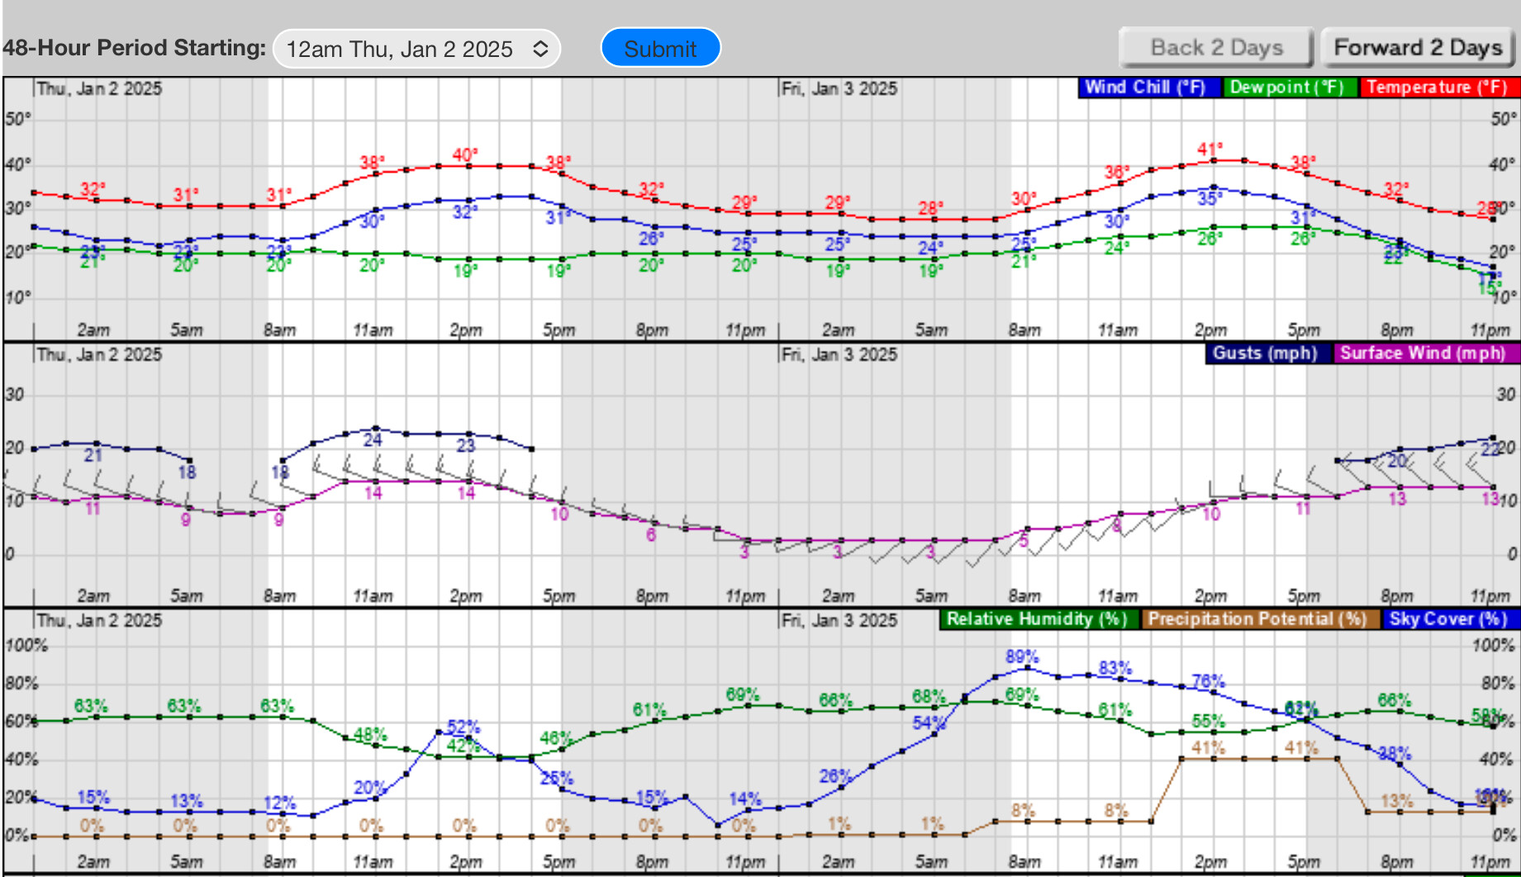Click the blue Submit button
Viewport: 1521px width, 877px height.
coord(660,49)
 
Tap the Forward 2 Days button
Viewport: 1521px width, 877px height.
coord(1417,48)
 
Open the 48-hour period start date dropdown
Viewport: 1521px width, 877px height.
coord(416,49)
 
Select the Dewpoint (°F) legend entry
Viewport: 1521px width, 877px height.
coord(1287,88)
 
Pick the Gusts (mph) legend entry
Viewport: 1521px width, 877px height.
coord(1265,353)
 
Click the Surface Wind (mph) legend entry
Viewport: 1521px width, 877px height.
coord(1423,353)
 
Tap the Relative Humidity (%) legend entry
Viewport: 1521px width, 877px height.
coord(1037,619)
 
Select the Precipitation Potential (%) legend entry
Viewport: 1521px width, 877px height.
coord(1257,619)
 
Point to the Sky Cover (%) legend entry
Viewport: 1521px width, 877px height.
coord(1447,619)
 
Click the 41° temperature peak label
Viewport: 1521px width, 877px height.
coord(1210,149)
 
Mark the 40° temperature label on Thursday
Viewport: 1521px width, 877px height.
coord(464,154)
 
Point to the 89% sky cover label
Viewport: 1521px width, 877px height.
coord(1022,657)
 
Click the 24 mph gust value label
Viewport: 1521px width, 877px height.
coord(373,440)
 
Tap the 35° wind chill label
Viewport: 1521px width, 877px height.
coord(1210,198)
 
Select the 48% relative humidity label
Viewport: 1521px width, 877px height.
coord(369,734)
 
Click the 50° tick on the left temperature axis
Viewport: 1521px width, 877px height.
coord(17,119)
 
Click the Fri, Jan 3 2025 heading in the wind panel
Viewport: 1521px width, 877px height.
coord(839,355)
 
